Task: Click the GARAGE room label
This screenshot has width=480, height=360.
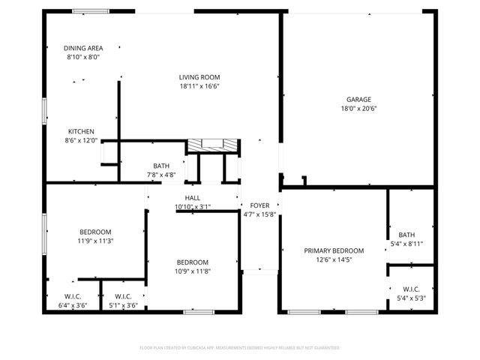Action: [x=358, y=100]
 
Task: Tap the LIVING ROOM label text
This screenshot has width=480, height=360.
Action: [x=199, y=77]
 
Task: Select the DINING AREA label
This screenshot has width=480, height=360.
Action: [x=82, y=49]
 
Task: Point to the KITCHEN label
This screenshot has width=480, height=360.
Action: [x=81, y=130]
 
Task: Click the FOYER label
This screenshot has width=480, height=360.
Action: [x=259, y=205]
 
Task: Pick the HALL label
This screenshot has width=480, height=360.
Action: [x=193, y=198]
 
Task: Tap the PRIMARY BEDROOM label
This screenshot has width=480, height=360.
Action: [x=334, y=250]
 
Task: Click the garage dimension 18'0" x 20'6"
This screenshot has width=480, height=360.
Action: [x=358, y=109]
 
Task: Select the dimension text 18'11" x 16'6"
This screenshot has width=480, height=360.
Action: [x=199, y=86]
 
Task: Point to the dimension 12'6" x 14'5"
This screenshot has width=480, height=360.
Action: [x=334, y=259]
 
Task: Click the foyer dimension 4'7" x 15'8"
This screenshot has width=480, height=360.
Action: [x=259, y=214]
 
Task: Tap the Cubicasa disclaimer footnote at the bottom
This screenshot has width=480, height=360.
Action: [x=240, y=348]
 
